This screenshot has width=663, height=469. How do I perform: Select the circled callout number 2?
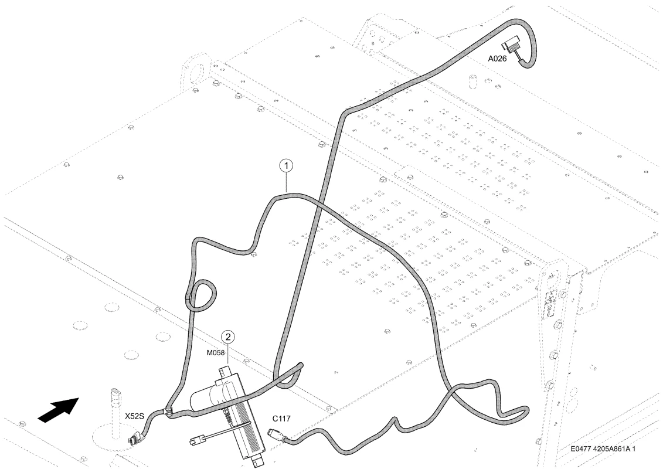228,337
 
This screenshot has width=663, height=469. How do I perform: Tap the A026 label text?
497,59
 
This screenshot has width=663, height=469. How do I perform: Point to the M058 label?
216,353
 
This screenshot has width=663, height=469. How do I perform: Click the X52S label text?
134,416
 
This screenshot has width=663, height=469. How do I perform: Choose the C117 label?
281,419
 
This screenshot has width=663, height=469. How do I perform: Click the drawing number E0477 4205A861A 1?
603,448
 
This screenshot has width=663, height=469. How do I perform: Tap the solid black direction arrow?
59,409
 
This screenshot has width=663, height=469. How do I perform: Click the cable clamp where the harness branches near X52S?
168,411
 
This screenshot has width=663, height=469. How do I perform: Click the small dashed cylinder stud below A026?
472,80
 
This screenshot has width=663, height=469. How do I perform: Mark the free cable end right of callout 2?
300,365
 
